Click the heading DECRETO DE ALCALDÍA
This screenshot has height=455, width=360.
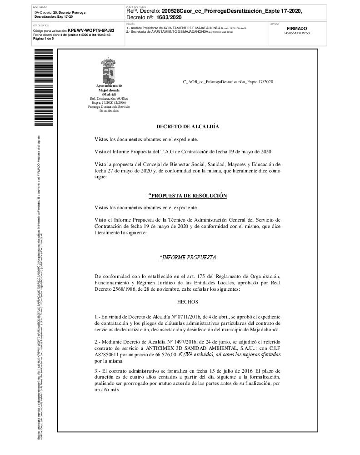click(x=187, y=126)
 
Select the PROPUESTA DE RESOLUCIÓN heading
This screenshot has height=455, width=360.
click(x=187, y=196)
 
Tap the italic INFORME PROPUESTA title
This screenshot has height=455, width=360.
click(x=187, y=258)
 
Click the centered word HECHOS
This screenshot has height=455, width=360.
click(x=187, y=301)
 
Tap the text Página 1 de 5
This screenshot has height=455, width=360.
click(x=43, y=39)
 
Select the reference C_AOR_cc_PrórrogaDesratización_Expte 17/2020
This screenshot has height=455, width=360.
click(x=228, y=82)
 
